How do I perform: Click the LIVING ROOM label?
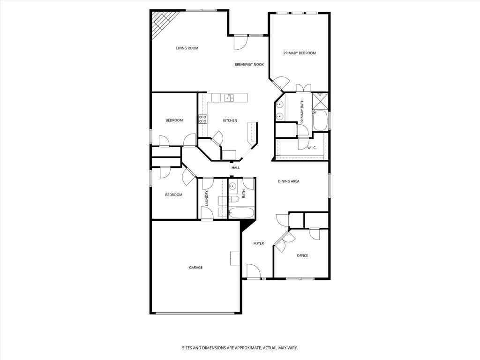[187, 48]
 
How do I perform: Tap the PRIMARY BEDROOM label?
[300, 53]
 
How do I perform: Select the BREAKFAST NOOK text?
[249, 64]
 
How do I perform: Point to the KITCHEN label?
[230, 120]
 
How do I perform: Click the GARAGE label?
[195, 268]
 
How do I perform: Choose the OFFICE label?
[302, 255]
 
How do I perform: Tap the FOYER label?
[259, 243]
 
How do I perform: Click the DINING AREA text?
[289, 181]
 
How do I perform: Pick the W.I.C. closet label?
[312, 148]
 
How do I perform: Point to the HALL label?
[236, 168]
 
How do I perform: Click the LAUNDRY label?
[207, 198]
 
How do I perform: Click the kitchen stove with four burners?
[202, 119]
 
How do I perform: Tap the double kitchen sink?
[229, 98]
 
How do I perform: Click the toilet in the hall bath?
[233, 200]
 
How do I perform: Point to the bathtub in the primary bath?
[320, 120]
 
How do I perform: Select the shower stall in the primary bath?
[320, 101]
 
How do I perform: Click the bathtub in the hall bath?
[241, 213]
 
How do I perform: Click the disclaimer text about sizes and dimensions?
[240, 348]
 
